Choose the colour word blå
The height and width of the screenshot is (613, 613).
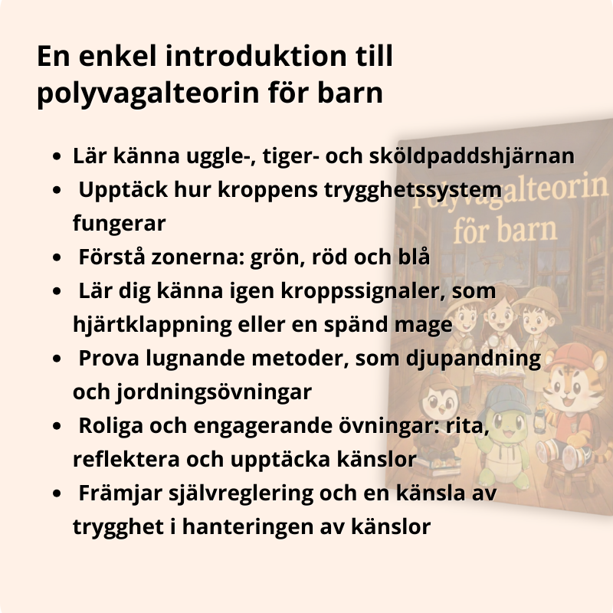413,257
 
